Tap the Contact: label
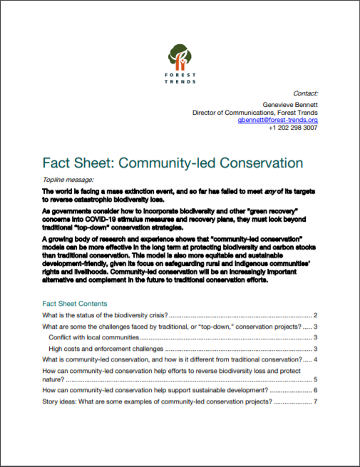[x=305, y=93]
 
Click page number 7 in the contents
[x=315, y=402]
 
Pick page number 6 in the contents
[x=315, y=391]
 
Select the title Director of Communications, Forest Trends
[x=255, y=112]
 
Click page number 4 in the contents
[x=315, y=359]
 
